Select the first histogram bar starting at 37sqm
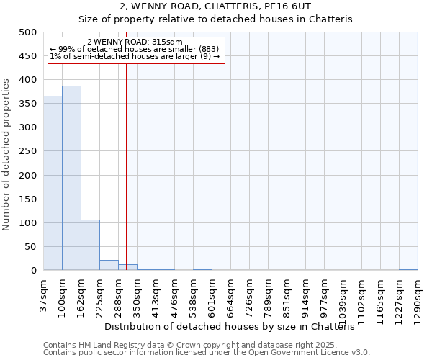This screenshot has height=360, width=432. [53, 184]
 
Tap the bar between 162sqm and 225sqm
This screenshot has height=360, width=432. [90, 245]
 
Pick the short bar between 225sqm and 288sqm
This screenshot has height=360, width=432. [109, 265]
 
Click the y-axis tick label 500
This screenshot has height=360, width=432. [28, 32]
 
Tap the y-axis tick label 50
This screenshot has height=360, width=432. [31, 247]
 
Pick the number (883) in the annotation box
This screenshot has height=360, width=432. [208, 49]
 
